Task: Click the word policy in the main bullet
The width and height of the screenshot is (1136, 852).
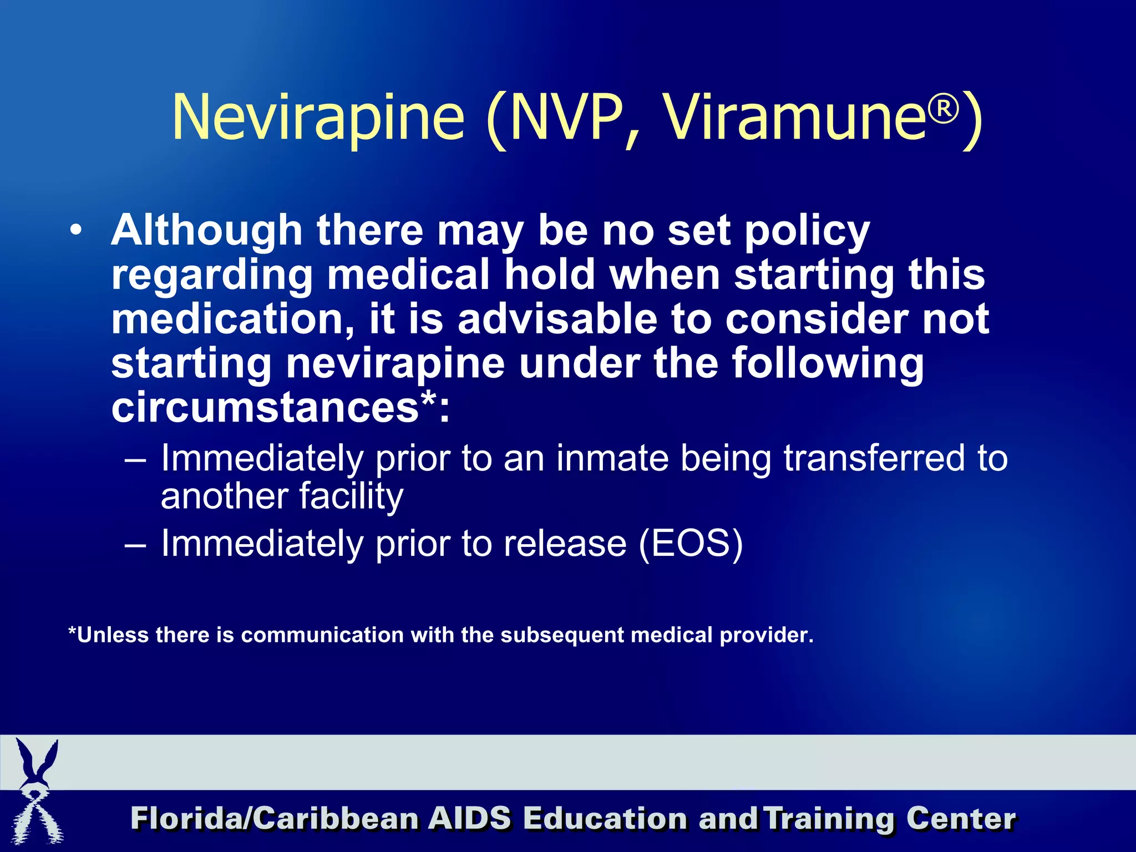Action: point(807,232)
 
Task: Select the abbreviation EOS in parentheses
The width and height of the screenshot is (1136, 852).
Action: point(690,543)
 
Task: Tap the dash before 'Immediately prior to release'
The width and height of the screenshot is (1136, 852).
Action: point(135,545)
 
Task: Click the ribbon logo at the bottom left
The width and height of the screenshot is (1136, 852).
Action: point(37,793)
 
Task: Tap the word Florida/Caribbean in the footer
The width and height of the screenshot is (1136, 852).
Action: point(275,819)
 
